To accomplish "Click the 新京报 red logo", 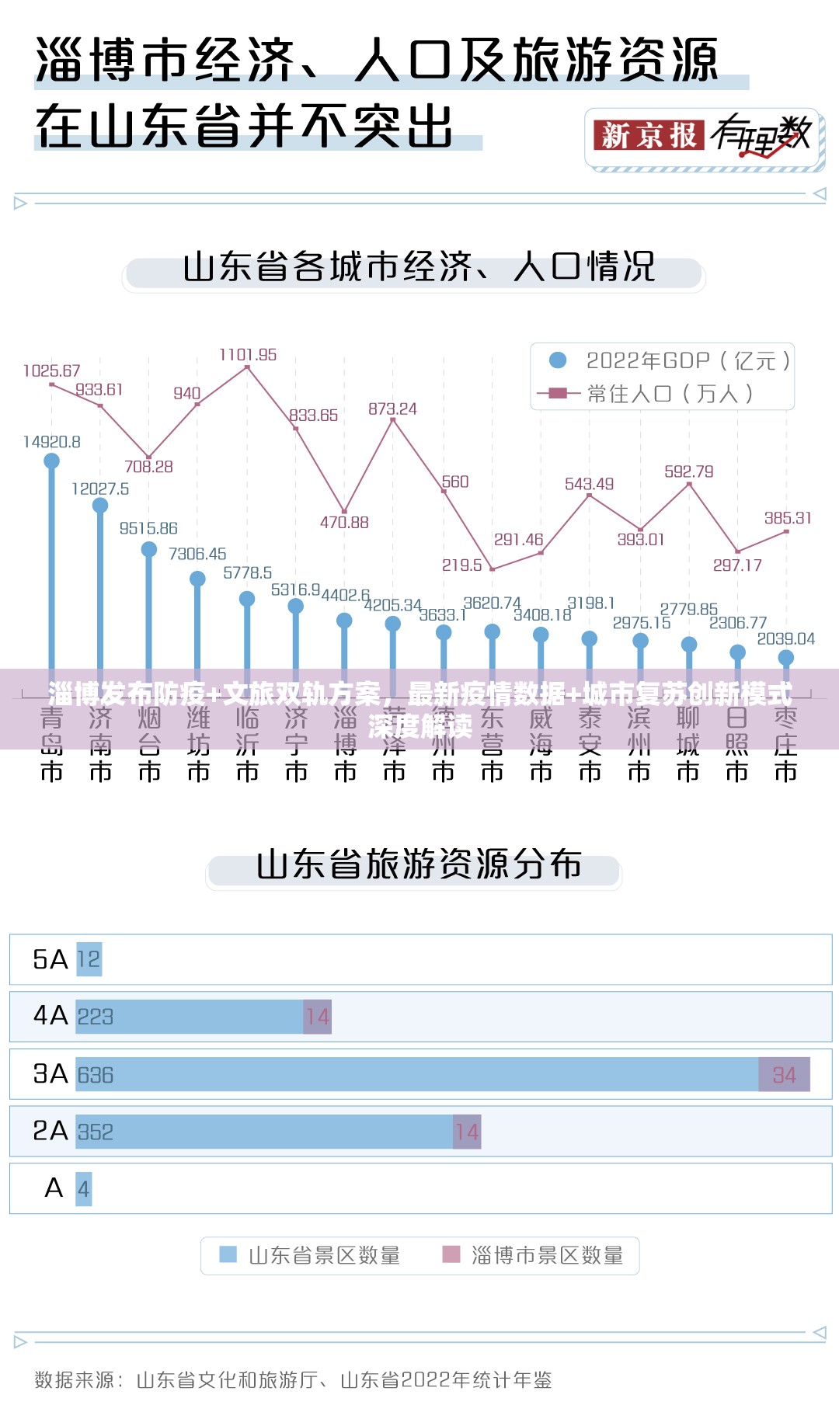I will [649, 136].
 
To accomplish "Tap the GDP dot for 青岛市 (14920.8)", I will [52, 461].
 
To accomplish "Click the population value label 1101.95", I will [248, 355].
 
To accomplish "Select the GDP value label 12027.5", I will [100, 489].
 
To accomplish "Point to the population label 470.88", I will [344, 523].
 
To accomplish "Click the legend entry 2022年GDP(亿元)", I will [673, 360].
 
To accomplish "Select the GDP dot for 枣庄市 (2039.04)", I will [786, 658].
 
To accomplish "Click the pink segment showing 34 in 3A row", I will [784, 1075].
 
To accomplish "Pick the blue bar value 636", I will [96, 1075].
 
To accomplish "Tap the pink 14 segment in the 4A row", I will [317, 1017].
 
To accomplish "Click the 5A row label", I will [50, 960].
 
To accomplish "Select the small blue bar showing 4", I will [83, 1189].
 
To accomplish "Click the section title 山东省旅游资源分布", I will [419, 865].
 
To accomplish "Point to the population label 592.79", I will [688, 471].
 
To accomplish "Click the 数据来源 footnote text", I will [293, 1380].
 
